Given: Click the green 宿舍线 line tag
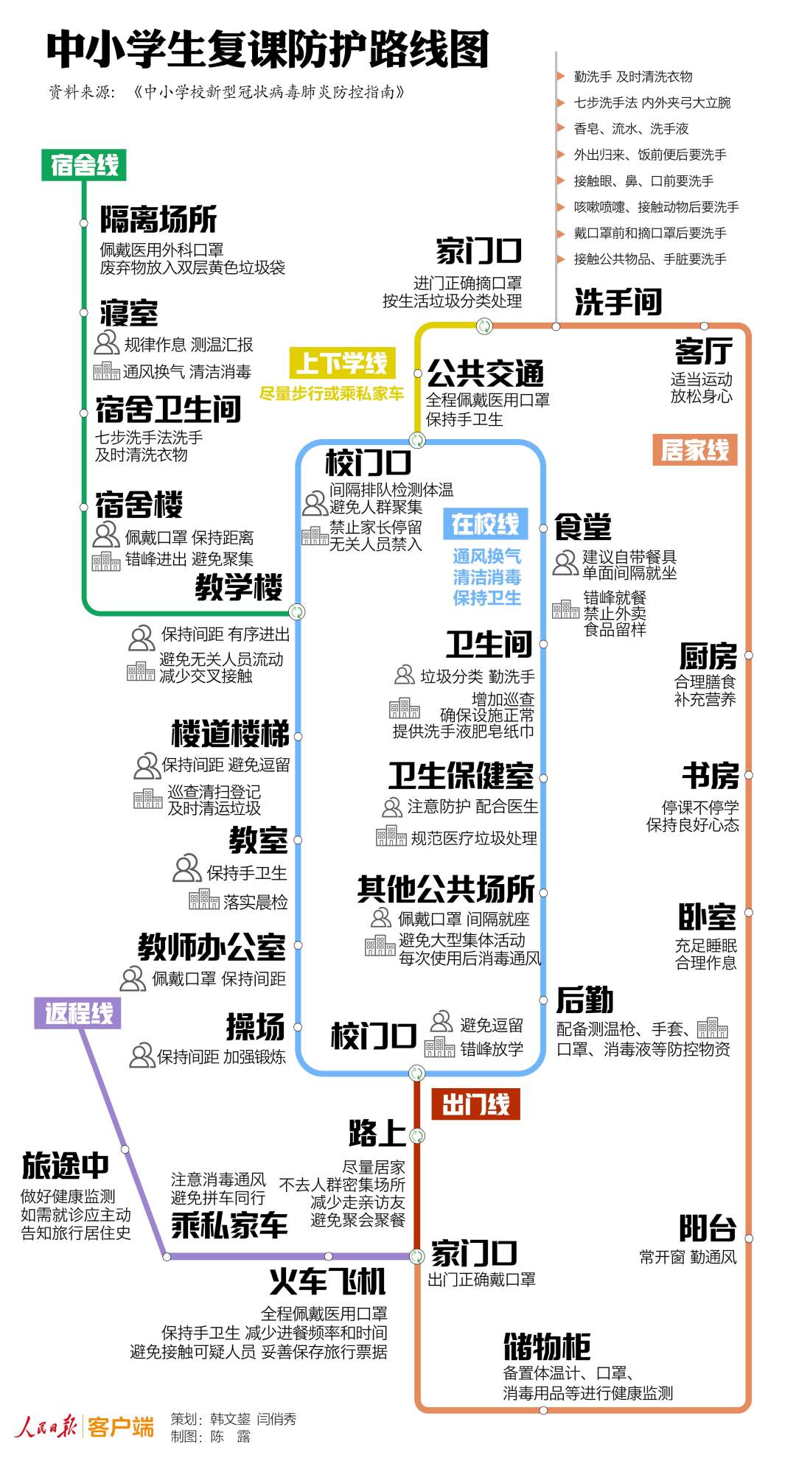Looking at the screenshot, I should pos(84,165).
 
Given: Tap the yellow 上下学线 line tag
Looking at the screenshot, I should pos(342,363).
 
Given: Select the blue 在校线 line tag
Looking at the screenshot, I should pos(485,524).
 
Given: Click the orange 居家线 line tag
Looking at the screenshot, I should pos(694,449).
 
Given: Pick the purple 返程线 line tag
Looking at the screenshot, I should pos(78,1013).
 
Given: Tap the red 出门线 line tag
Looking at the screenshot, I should pos(475,1104).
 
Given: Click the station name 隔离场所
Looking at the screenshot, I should pos(158,220).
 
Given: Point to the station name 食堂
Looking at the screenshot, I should pos(582,528).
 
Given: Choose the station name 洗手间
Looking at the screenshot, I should pos(618,302).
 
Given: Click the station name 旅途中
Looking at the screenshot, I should pos(65,1166).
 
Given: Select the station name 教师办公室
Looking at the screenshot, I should pos(212,947).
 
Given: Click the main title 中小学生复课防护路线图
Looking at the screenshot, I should pos(268,50).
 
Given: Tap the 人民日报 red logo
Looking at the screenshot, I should pos(46,1426).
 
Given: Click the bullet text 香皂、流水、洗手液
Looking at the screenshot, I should pos(631,129).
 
